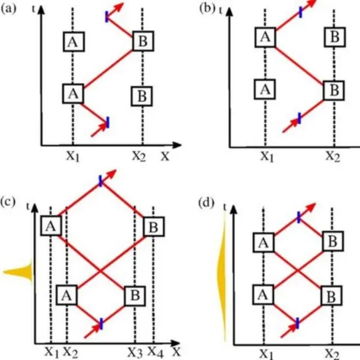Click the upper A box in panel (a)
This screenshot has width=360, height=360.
tap(73, 41)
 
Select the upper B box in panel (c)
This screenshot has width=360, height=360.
tap(153, 228)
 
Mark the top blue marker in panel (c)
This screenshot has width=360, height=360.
tap(100, 180)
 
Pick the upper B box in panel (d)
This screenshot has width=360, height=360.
tap(332, 242)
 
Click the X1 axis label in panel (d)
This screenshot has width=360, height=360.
tap(264, 352)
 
